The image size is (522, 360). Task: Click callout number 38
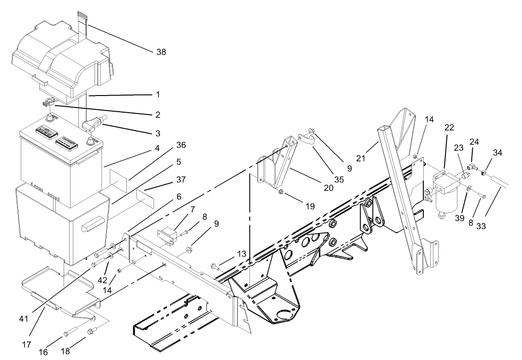click(x=161, y=52)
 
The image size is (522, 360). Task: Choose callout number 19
click(x=310, y=207)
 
